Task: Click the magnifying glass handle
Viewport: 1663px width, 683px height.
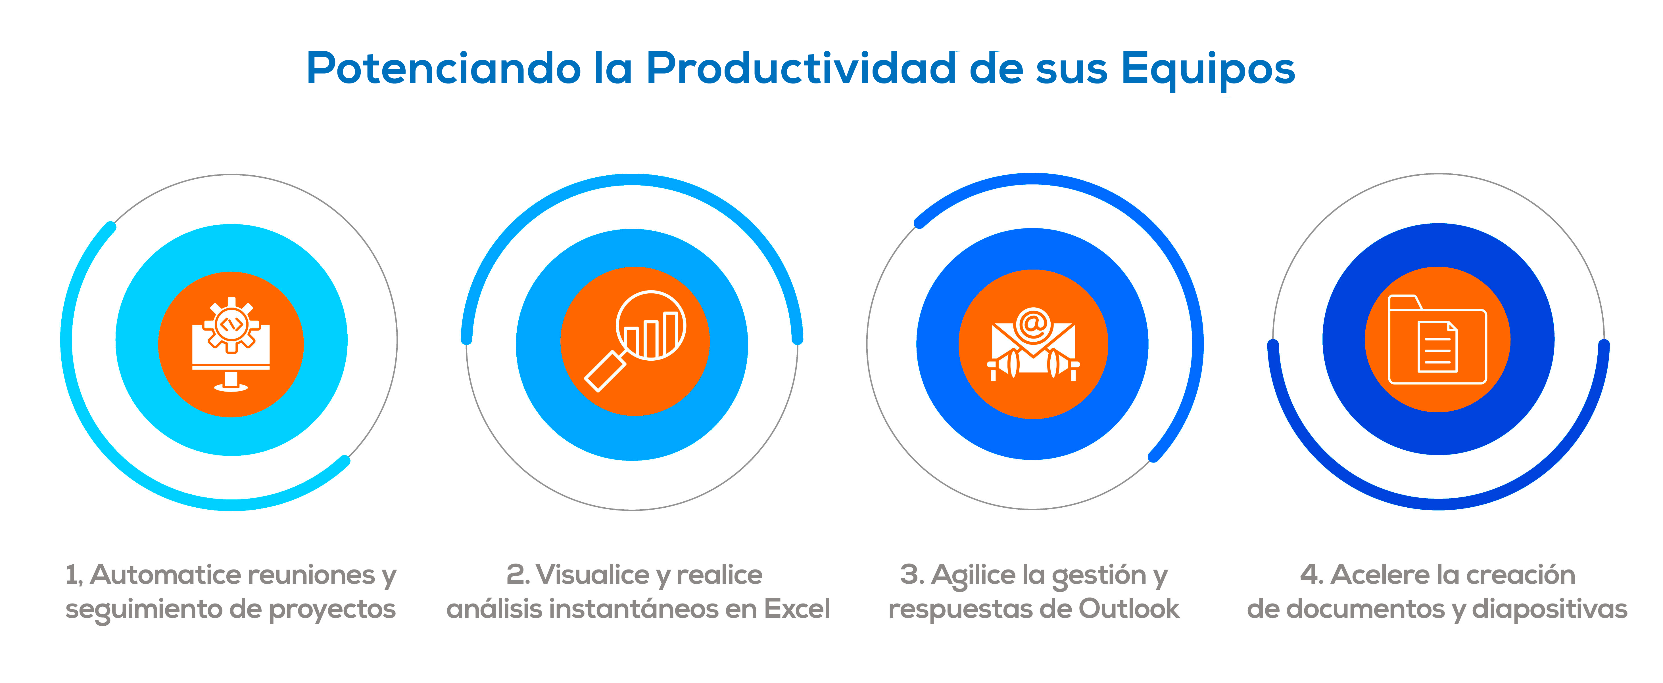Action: point(605,371)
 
